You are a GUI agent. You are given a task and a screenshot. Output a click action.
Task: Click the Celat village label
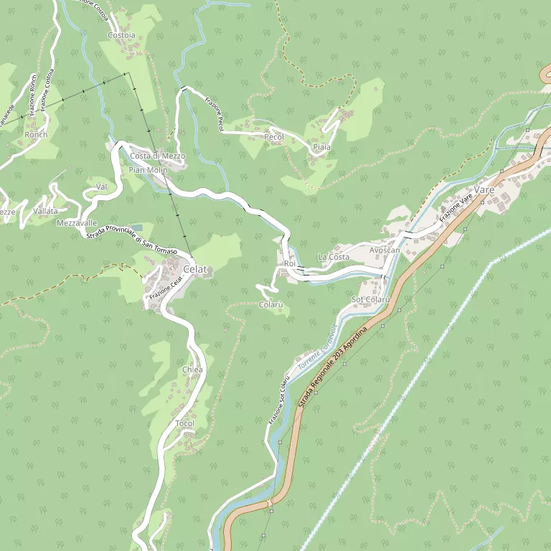coord(195,269)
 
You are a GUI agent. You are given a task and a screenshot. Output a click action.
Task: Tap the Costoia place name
coord(121,35)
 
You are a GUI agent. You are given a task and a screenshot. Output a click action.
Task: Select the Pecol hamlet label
coord(274,137)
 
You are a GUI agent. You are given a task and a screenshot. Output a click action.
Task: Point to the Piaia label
coord(321,148)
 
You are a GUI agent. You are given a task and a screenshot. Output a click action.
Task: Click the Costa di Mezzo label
coord(158,156)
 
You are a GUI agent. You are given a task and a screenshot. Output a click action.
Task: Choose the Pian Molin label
coord(148,170)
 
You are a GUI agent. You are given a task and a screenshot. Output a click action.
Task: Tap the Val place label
coord(101,187)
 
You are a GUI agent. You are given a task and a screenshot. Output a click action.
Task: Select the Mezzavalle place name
coord(76,223)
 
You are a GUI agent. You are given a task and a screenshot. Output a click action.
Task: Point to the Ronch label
coord(36,135)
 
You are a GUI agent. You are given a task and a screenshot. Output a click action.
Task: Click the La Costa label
coord(334,257)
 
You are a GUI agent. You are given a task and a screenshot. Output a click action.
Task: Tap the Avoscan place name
coord(385,250)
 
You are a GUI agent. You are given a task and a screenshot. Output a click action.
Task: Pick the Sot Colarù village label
coord(371,299)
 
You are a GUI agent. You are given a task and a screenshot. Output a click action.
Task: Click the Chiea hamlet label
coord(192,369)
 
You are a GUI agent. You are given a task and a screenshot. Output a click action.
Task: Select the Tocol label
coord(185,424)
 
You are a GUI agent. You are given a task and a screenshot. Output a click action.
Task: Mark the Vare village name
coord(485,189)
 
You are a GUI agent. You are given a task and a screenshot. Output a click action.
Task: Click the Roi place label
coord(290,264)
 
